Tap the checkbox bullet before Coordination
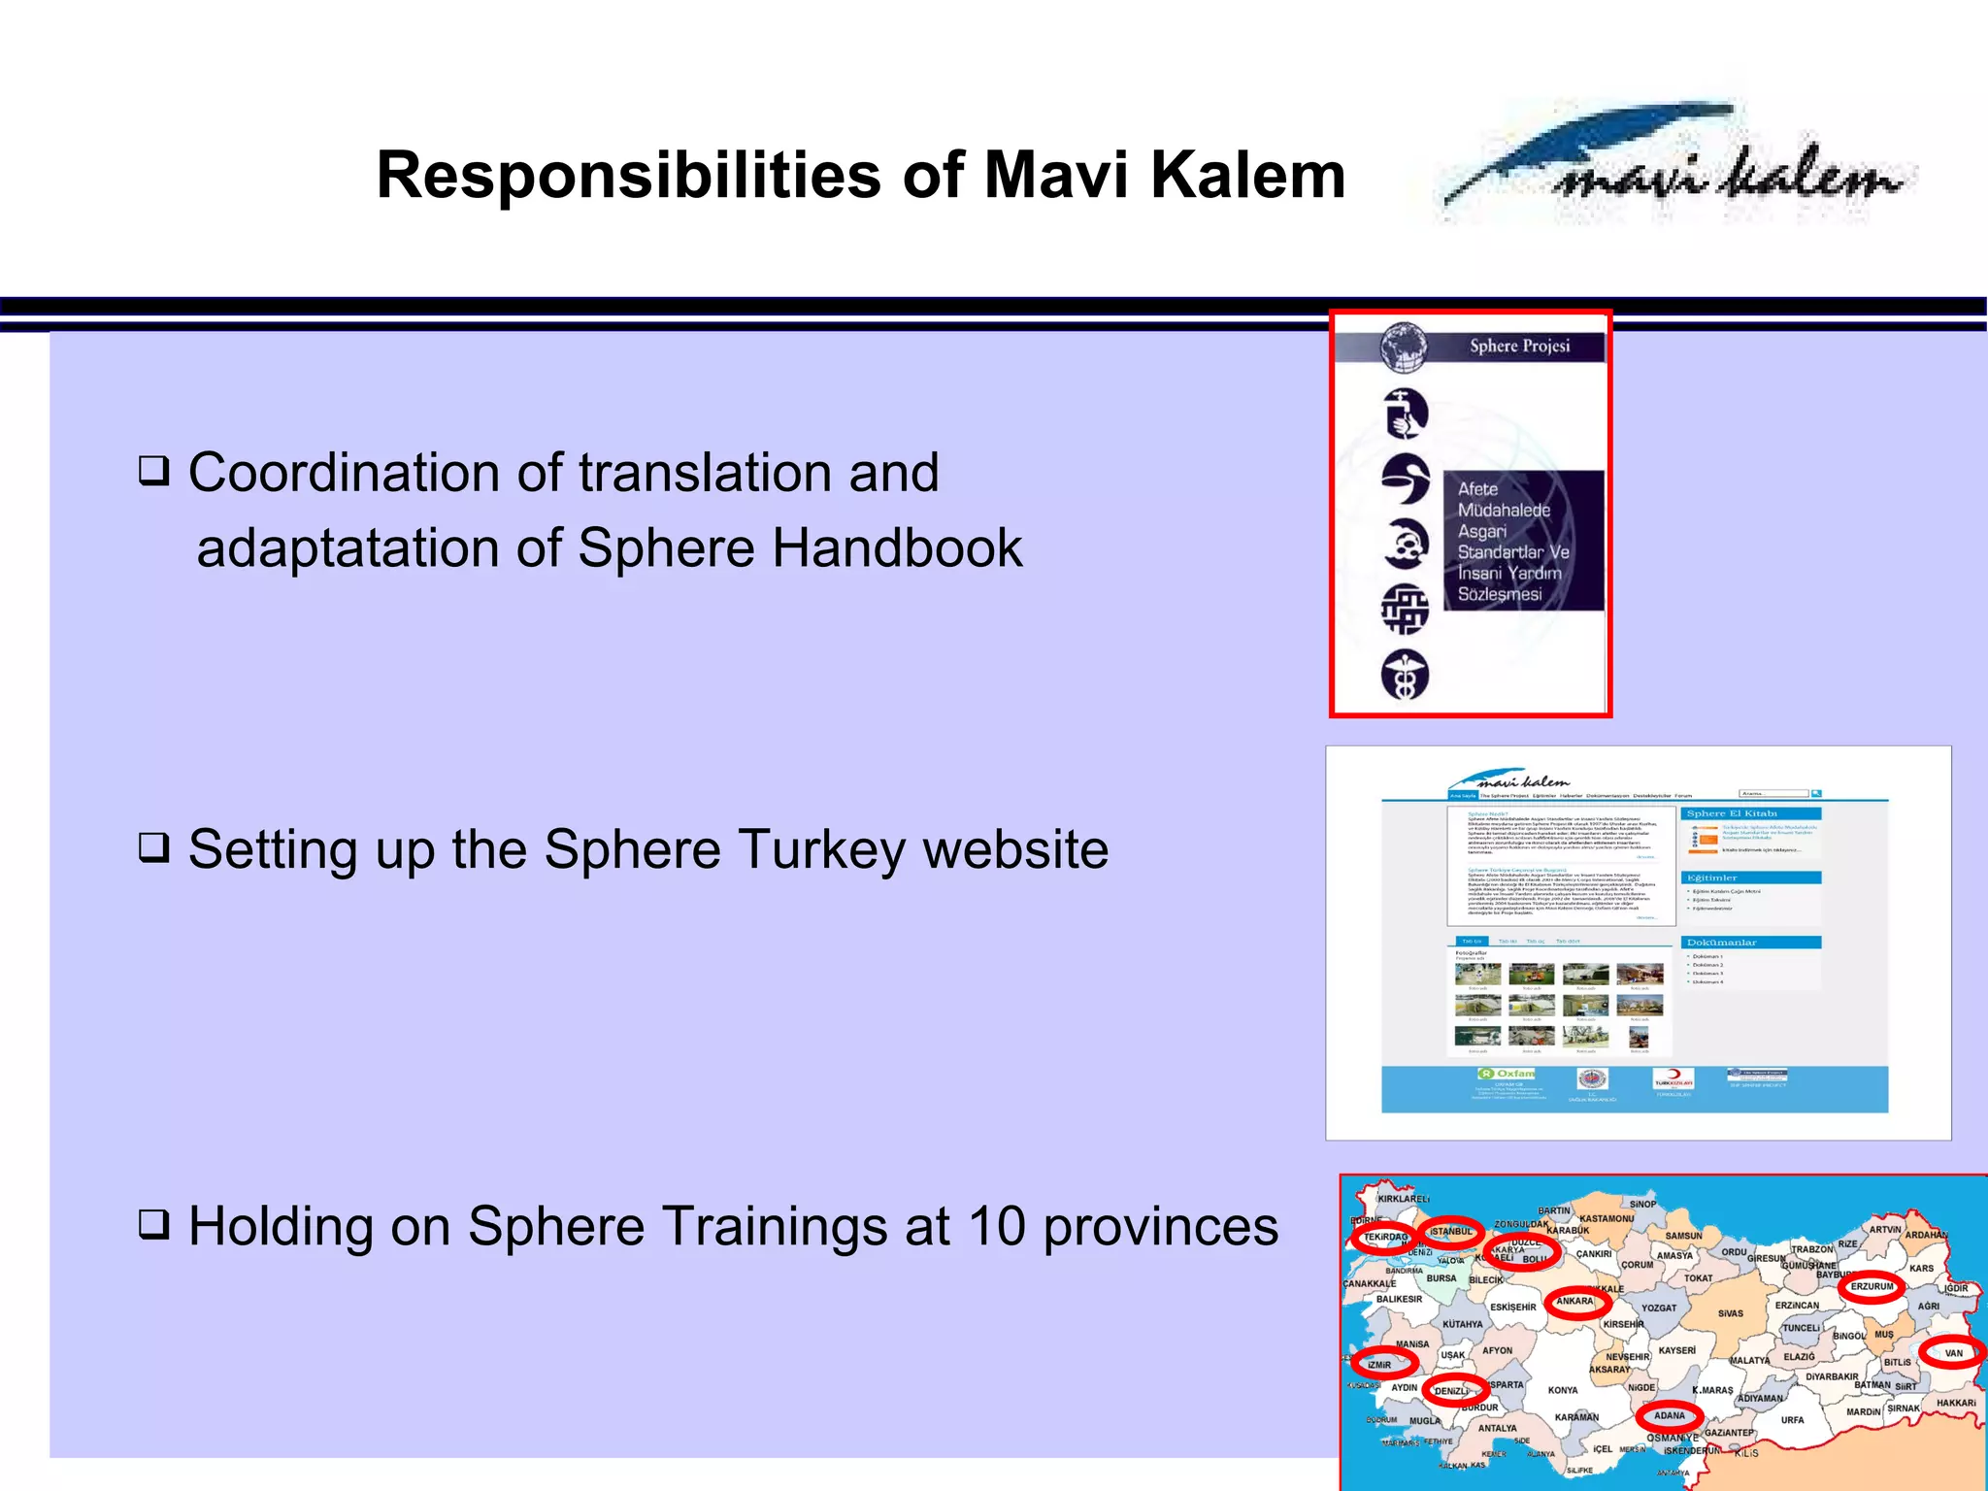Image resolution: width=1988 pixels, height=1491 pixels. [153, 472]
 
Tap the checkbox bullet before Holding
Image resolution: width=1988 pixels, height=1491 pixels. [153, 1225]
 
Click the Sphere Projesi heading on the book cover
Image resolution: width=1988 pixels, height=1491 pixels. [1519, 346]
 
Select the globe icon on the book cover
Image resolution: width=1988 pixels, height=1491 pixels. [1404, 348]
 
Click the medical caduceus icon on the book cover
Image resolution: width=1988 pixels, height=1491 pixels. [1405, 674]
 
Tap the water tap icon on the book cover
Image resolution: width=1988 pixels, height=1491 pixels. [1405, 414]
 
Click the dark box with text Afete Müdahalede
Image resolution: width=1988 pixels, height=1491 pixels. [1522, 541]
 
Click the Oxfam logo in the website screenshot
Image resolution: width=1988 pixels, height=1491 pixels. [1507, 1074]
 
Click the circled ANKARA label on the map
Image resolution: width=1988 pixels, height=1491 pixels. [1575, 1301]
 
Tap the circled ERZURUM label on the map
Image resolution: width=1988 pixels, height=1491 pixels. [1872, 1286]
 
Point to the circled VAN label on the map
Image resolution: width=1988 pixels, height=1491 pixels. [1953, 1352]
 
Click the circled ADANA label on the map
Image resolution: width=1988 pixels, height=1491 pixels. [1669, 1415]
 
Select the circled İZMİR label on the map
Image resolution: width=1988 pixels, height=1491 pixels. [1382, 1364]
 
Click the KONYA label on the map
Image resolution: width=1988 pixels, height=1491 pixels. [1563, 1390]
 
